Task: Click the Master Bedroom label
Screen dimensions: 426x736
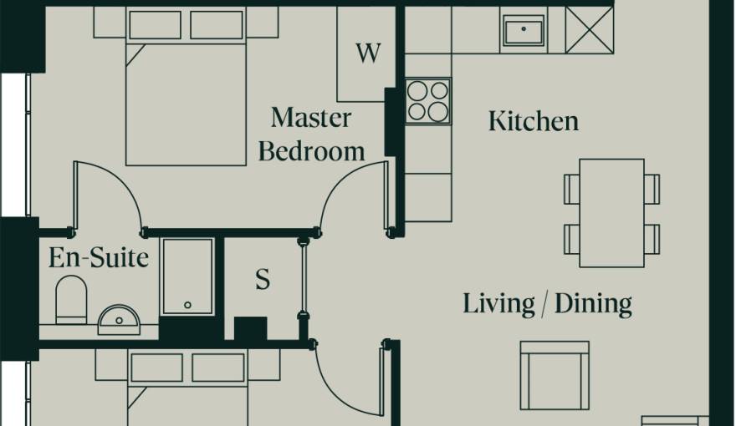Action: click(x=312, y=134)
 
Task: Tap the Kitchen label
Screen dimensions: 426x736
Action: click(x=533, y=121)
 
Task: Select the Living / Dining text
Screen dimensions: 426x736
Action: click(x=547, y=303)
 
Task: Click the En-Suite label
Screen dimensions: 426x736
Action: click(x=98, y=257)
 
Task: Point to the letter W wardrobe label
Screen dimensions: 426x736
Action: click(x=367, y=53)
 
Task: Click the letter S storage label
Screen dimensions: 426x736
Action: click(x=263, y=281)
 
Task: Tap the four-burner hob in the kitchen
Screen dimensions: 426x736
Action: click(x=427, y=101)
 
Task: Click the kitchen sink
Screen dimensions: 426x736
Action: click(x=524, y=32)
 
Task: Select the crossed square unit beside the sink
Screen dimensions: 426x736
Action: click(x=589, y=30)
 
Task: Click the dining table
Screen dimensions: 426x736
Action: click(x=611, y=212)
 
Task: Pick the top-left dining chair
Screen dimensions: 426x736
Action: click(x=572, y=189)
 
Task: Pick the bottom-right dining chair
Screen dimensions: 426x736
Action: click(x=652, y=239)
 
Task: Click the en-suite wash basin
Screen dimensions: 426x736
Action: click(x=118, y=318)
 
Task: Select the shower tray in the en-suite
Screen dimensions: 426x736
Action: click(x=187, y=277)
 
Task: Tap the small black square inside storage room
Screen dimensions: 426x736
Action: click(x=250, y=328)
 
